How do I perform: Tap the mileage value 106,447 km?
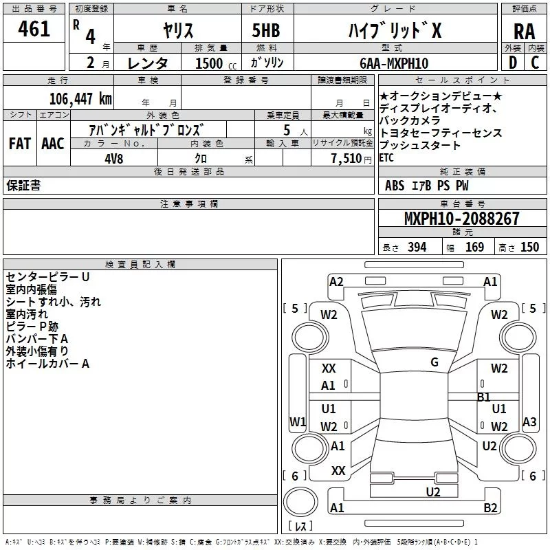point(81,98)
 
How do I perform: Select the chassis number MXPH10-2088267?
point(461,219)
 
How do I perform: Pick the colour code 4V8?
point(111,157)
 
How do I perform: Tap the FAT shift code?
point(19,144)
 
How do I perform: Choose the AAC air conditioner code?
point(52,144)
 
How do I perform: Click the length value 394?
point(417,247)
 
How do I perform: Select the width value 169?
point(474,247)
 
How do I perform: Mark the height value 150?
point(529,247)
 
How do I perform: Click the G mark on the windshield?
point(434,362)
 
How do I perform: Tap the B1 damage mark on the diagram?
point(484,397)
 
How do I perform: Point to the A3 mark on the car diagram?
point(529,421)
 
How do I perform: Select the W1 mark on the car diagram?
point(297,421)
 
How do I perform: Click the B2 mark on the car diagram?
point(491,508)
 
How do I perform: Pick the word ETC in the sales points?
point(386,158)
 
